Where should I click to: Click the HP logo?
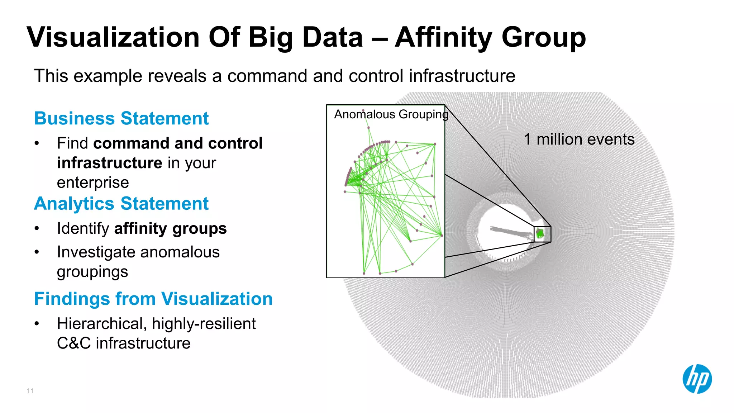click(697, 379)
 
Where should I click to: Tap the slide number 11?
click(30, 391)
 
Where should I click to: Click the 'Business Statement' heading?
click(121, 118)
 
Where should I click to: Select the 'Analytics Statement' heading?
click(121, 204)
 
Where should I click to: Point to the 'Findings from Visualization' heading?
click(153, 299)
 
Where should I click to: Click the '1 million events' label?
click(579, 139)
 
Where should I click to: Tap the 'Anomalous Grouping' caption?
click(391, 114)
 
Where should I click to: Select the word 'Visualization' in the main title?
click(113, 37)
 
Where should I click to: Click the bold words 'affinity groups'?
click(170, 228)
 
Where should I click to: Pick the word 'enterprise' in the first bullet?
click(93, 182)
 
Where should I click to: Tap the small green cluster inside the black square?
click(540, 234)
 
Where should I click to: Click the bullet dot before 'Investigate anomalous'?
click(37, 252)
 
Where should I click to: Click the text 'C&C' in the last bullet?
click(73, 343)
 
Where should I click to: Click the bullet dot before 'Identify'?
click(37, 228)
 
